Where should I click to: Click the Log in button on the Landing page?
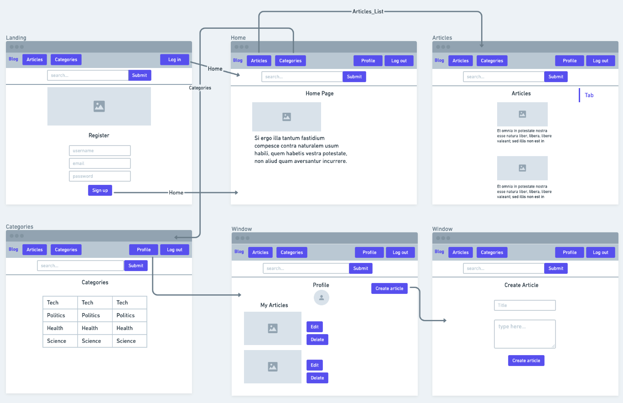tap(174, 60)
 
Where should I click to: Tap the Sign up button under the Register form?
tap(100, 190)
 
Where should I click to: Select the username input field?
tap(100, 151)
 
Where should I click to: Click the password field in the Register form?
tap(100, 176)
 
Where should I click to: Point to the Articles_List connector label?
tap(368, 11)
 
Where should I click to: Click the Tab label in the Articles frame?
tap(589, 95)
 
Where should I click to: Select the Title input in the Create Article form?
tap(524, 305)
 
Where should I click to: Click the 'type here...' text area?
tap(524, 334)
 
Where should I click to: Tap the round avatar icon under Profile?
tap(322, 298)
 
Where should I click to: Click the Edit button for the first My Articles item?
tap(315, 327)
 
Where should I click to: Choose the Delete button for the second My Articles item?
tap(317, 378)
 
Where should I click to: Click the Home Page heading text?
tap(319, 94)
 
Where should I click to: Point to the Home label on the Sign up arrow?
tap(176, 193)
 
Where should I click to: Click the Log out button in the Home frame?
tap(399, 61)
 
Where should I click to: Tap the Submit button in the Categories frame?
tap(136, 266)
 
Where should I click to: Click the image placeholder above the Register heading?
tap(99, 106)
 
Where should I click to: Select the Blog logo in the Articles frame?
tap(439, 60)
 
